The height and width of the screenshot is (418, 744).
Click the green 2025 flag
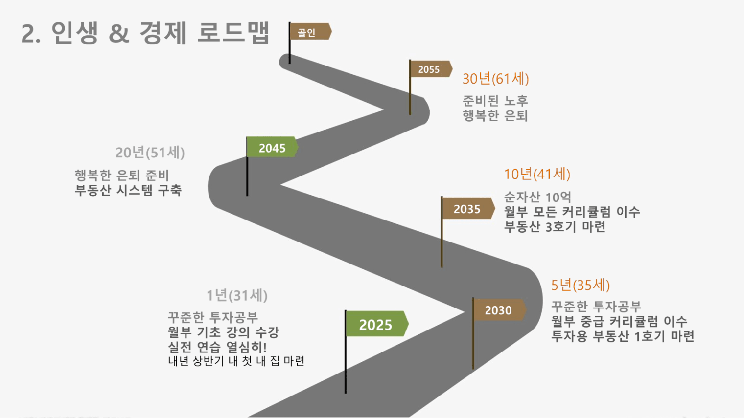377,324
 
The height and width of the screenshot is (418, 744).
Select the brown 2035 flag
468,208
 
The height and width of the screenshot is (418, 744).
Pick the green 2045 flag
272,147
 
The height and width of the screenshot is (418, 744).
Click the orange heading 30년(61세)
495,79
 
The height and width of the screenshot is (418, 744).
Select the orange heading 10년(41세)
537,174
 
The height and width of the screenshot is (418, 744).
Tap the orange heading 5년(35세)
580,285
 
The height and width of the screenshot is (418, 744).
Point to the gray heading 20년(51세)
150,153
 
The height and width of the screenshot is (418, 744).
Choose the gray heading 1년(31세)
237,295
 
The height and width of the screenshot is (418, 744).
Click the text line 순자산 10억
537,197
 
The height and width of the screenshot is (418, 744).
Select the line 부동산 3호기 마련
555,226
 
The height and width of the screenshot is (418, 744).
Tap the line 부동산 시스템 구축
128,190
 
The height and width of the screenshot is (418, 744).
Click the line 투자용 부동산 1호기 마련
623,336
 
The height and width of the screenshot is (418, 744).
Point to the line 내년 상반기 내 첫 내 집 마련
236,361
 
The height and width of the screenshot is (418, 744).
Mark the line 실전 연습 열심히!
217,347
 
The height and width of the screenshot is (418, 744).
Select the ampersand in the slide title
119,33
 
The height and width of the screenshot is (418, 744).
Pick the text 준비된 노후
495,100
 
